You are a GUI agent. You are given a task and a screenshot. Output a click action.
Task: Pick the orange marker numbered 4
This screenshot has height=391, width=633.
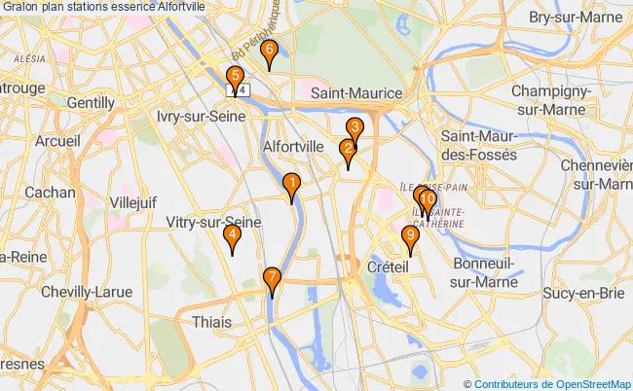232,237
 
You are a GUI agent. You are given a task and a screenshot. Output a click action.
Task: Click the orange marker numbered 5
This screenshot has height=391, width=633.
235,78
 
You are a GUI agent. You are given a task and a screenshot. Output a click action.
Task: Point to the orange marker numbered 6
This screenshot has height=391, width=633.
270,53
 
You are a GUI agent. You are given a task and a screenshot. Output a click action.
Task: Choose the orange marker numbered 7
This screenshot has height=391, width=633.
272,278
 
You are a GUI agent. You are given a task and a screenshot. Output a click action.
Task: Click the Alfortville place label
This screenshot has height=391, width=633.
294,147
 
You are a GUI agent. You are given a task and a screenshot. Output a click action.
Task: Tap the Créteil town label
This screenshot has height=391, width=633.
387,266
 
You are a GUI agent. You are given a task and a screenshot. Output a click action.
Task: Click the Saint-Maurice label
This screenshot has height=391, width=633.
356,92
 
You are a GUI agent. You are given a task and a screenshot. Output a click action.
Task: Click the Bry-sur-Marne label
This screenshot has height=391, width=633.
574,18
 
